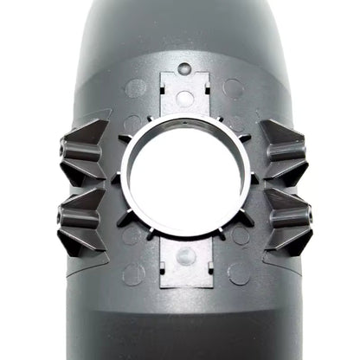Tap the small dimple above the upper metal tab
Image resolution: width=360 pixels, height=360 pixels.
tap(184, 67)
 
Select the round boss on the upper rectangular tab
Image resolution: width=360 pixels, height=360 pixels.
tap(184, 98)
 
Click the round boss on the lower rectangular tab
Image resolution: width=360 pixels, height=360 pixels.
tap(184, 256)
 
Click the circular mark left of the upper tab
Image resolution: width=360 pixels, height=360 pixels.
tap(136, 87)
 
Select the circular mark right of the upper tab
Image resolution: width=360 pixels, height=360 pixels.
tap(233, 87)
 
